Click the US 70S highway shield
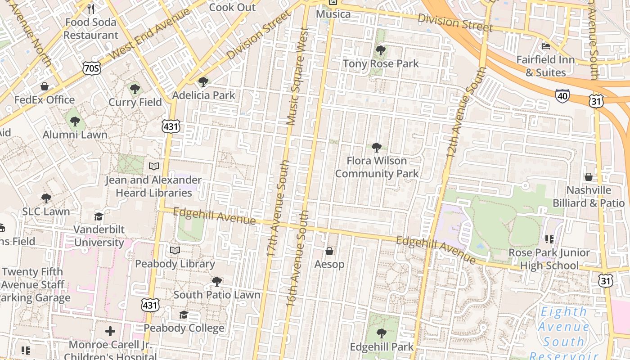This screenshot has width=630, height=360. click(91, 68)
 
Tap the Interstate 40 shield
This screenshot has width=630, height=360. click(562, 95)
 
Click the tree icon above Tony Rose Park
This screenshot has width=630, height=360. click(381, 50)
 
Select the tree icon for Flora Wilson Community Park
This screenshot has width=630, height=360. click(377, 147)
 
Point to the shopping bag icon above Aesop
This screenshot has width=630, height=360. click(329, 251)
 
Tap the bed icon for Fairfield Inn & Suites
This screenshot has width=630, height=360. click(546, 46)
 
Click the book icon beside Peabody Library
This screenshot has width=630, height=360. click(175, 250)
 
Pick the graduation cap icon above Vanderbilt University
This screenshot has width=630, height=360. click(99, 216)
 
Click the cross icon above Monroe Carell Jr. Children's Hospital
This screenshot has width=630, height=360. click(110, 332)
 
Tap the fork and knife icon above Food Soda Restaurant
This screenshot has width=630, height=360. click(91, 9)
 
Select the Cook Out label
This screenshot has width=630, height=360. click(232, 7)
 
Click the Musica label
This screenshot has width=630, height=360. click(333, 14)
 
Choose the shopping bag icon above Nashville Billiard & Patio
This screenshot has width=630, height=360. click(589, 177)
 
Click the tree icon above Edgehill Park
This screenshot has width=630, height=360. click(382, 333)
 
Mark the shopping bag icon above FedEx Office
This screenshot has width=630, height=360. click(45, 86)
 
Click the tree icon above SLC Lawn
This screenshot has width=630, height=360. click(46, 198)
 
